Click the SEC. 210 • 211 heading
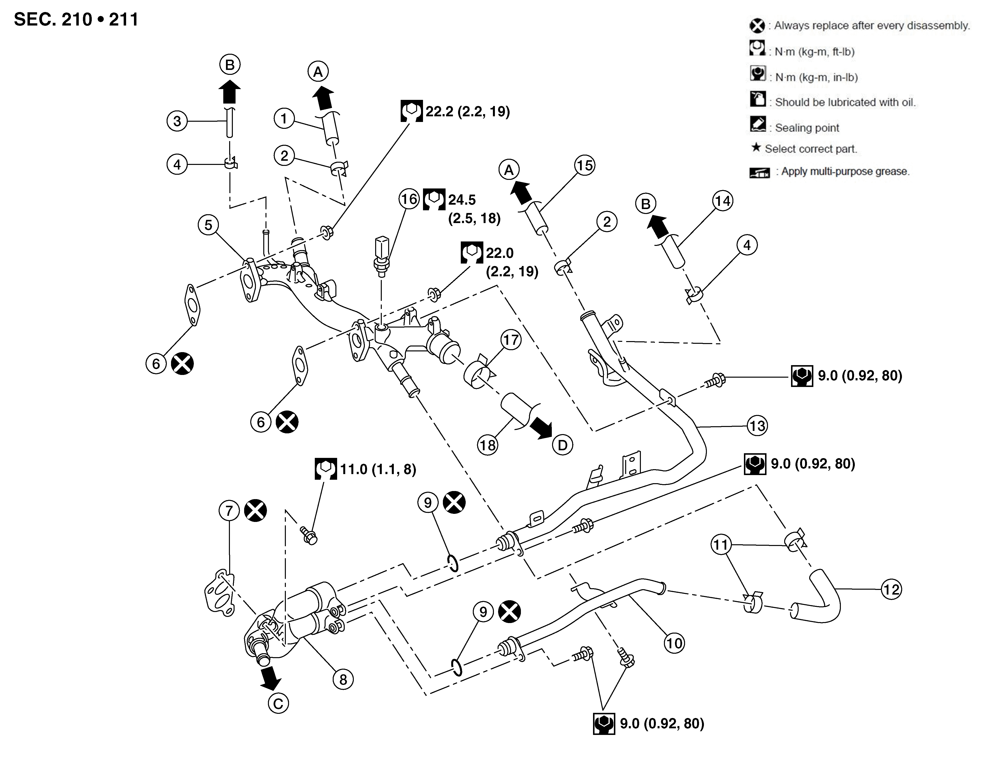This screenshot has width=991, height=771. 76,20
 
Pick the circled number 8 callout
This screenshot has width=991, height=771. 343,679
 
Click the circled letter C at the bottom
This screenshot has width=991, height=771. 278,704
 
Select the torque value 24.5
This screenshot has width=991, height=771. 462,200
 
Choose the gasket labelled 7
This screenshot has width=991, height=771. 220,592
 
